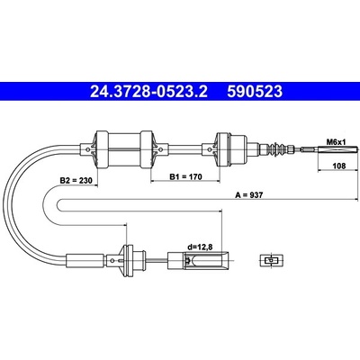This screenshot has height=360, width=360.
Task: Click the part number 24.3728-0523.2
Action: [148, 92]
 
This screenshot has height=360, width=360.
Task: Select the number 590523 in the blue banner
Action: [255, 92]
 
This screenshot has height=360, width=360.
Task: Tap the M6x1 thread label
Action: [336, 141]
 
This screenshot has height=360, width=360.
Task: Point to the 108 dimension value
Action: [339, 166]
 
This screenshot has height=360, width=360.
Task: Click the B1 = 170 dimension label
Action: [186, 176]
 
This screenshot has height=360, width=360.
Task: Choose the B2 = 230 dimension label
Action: [76, 181]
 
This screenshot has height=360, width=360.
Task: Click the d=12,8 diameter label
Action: [200, 247]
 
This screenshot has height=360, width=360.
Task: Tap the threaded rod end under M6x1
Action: [330, 149]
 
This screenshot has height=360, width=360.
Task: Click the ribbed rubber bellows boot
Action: [277, 148]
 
